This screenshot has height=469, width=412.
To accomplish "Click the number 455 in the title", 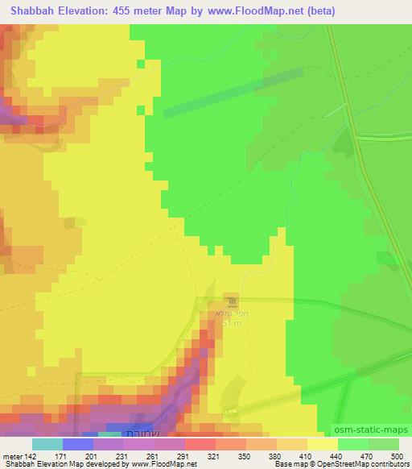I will pyautogui.click(x=122, y=11).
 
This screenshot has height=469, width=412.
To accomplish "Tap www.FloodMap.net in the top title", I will pyautogui.click(x=249, y=11).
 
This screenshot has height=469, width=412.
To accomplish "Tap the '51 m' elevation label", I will pyautogui.click(x=232, y=323).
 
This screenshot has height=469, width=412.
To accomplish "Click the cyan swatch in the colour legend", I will pyautogui.click(x=47, y=444).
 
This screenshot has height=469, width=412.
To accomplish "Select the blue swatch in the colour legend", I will pyautogui.click(x=78, y=444).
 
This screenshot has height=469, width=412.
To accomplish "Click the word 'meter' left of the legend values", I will pyautogui.click(x=11, y=456).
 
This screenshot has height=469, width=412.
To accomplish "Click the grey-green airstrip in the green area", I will pyautogui.click(x=233, y=93).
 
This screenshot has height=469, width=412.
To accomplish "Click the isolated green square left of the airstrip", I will pyautogui.click(x=141, y=63).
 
